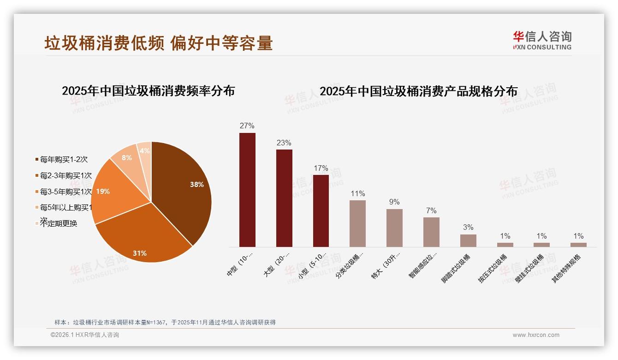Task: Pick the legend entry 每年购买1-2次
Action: point(63,160)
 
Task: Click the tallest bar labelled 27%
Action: point(247,190)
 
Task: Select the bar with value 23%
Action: point(284,198)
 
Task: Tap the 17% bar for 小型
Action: point(321,210)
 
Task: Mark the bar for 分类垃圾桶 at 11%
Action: point(357,223)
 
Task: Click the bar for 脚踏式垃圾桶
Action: point(468,240)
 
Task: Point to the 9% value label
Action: point(394,202)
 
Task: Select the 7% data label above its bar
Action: point(431,211)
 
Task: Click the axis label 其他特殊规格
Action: point(567,268)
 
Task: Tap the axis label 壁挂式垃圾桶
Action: point(530,268)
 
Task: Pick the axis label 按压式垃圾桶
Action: point(493,268)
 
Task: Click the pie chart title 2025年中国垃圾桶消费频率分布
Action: point(148,91)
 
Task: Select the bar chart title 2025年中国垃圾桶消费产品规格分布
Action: point(418,91)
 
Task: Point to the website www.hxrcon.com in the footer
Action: point(536,335)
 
